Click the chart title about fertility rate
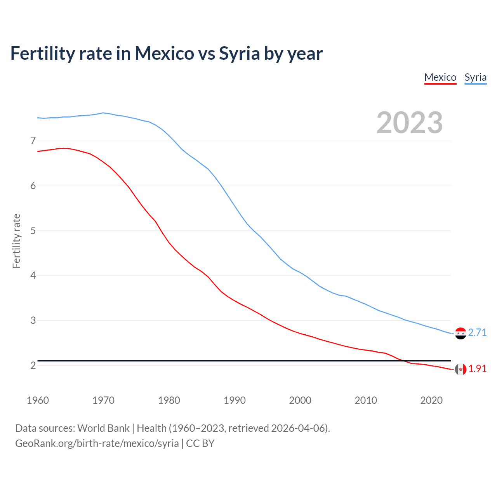(x=166, y=54)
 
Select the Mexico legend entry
(x=440, y=77)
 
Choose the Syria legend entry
(x=475, y=77)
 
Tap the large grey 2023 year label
(x=409, y=123)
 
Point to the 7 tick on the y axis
(x=33, y=141)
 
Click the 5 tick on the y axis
(x=33, y=231)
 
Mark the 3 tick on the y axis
(x=33, y=320)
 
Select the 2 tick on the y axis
(x=33, y=365)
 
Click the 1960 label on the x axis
(x=38, y=400)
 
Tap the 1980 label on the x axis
(x=169, y=400)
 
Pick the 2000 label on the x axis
(x=300, y=400)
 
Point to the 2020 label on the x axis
(x=431, y=400)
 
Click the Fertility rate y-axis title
(x=16, y=241)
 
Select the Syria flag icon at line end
(x=461, y=333)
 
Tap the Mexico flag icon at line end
(x=461, y=369)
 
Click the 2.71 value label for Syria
(x=477, y=333)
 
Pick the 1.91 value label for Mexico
(x=477, y=369)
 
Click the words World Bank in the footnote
(x=103, y=428)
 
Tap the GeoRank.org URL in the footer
(x=97, y=443)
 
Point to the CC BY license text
(x=200, y=443)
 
